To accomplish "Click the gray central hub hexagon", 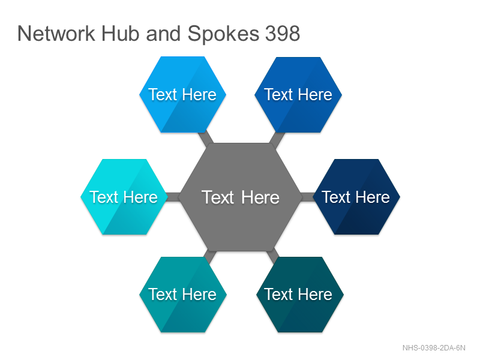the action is (x=241, y=197).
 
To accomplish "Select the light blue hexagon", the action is (x=183, y=94).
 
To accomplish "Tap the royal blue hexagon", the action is (x=298, y=95).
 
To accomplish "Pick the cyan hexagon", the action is (x=124, y=197).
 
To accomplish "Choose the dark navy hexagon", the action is (x=356, y=197).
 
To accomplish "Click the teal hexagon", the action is (x=183, y=295).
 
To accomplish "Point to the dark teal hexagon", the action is (x=299, y=295).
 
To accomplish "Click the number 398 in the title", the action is (x=282, y=34).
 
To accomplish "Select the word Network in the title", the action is (x=56, y=34).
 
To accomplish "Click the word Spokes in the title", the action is (x=223, y=34).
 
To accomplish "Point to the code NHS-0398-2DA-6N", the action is (x=434, y=348).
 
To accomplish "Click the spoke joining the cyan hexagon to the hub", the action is (x=173, y=197).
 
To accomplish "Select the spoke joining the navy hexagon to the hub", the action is (x=307, y=197).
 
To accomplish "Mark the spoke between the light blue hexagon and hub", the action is (x=206, y=139).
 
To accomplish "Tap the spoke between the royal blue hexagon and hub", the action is (x=277, y=139).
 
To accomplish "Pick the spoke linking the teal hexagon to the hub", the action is (x=209, y=256).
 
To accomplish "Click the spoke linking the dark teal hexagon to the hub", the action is (x=273, y=256).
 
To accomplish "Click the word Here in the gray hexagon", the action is (x=260, y=197).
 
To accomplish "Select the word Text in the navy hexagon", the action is (x=337, y=197).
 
